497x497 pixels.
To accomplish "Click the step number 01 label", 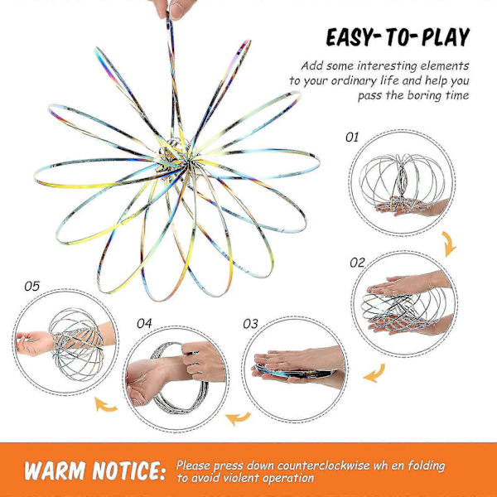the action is coord(352,138).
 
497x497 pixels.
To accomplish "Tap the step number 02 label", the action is coord(357,263).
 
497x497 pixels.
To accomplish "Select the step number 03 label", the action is coord(250,324).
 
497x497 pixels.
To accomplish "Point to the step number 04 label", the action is coord(144,323).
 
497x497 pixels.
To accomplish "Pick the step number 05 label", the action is coord(32,287).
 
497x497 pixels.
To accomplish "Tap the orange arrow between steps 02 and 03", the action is coord(375,374).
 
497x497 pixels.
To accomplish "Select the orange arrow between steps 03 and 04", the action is coord(239,418).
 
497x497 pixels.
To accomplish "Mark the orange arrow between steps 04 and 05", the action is coord(105,405).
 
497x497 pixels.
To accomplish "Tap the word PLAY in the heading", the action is coord(446,36).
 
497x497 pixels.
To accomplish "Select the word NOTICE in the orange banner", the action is coord(129,470).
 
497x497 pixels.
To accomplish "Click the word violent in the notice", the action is coord(242,478).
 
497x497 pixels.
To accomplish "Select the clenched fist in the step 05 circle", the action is coord(34,343).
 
